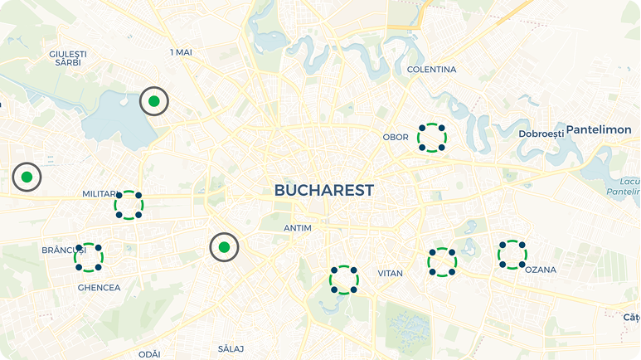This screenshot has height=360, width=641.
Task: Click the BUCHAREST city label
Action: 323,191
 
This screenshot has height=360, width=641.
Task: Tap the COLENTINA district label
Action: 431,70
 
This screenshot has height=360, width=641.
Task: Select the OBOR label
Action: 395,137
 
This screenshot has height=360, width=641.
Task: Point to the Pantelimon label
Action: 599,130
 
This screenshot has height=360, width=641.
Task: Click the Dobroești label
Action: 541,134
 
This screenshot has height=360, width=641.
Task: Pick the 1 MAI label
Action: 181,52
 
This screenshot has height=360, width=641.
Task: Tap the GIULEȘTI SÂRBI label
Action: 68,58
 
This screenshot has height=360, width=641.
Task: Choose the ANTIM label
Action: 297,227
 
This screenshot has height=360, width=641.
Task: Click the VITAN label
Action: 390,273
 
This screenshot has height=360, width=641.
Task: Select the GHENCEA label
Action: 99,288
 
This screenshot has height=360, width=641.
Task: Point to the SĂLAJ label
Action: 231,348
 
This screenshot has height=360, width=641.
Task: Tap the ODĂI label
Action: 149,354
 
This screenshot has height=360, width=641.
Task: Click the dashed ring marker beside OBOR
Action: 432,137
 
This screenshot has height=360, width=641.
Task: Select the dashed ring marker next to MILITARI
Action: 129,205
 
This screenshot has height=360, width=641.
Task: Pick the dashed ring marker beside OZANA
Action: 512,255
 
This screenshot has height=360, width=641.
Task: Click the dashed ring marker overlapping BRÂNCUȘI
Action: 89,257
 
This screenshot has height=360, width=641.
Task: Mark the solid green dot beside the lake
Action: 153,101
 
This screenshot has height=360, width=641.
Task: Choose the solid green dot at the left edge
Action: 27,177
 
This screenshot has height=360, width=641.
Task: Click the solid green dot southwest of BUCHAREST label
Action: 223,247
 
